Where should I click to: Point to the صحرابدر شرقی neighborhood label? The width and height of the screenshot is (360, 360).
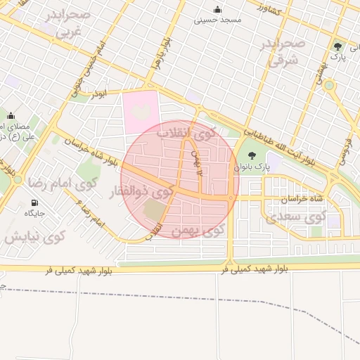tap(284, 53)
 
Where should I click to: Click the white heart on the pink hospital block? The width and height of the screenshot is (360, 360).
tap(141, 111)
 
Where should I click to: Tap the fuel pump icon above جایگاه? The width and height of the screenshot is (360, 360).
tap(34, 202)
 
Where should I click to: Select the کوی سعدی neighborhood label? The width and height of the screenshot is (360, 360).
tap(297, 217)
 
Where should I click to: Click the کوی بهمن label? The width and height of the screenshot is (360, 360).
tap(198, 229)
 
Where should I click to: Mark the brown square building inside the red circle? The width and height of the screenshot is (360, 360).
tap(153, 209)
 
